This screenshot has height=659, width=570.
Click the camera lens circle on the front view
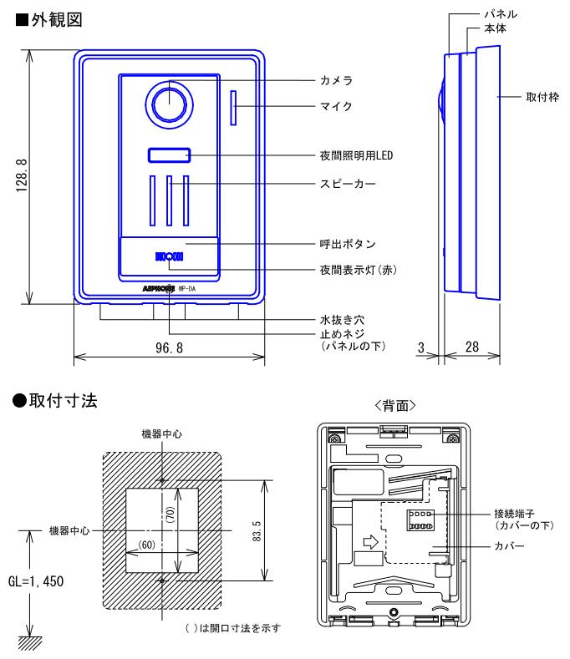click(169, 104)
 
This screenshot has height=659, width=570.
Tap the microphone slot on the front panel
click(233, 106)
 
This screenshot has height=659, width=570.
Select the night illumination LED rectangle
click(170, 155)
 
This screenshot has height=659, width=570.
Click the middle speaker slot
click(170, 200)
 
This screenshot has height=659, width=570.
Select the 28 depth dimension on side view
click(471, 346)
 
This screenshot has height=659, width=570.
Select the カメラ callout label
click(335, 81)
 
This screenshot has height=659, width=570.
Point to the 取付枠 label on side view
click(534, 97)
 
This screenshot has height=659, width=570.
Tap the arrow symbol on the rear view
click(370, 541)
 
